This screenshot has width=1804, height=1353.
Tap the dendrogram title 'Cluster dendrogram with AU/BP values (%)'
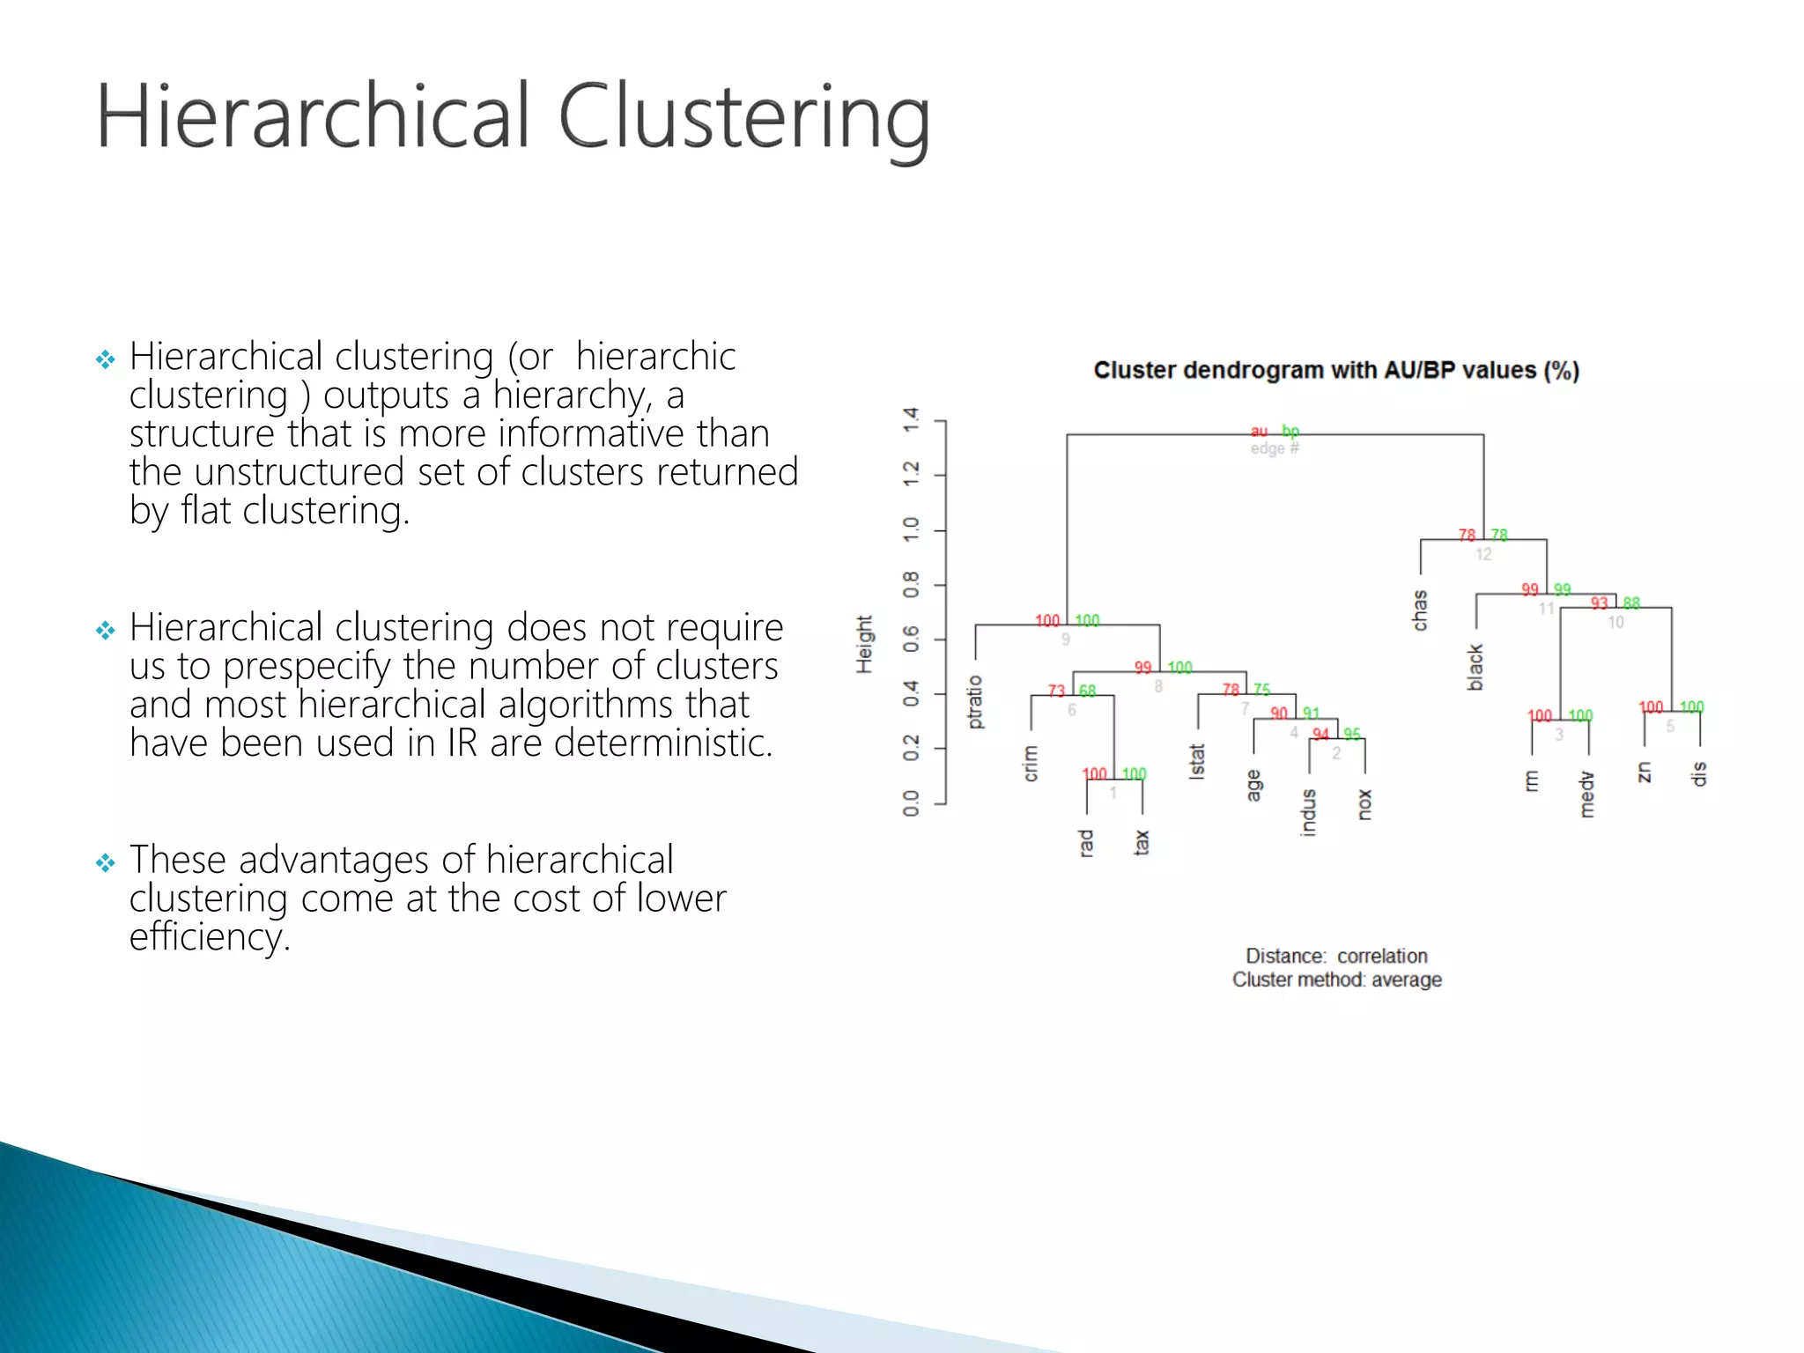(x=1336, y=371)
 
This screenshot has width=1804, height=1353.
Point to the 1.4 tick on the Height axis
(x=912, y=420)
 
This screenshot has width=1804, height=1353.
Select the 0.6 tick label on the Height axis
(x=912, y=639)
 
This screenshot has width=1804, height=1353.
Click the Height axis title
(x=865, y=644)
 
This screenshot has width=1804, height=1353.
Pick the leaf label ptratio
(x=974, y=702)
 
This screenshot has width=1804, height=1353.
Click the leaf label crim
(x=1031, y=764)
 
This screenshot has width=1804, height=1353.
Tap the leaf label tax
(x=1142, y=842)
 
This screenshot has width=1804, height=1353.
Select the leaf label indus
(x=1309, y=812)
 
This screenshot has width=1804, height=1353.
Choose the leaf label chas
(x=1420, y=610)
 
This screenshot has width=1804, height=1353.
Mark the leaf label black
(x=1476, y=667)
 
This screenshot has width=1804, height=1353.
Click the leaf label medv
(x=1587, y=795)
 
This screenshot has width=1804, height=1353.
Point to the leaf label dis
(x=1699, y=774)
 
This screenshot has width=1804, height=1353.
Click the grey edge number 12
(x=1483, y=554)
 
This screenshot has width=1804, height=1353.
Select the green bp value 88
(x=1631, y=603)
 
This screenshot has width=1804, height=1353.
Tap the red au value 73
(x=1056, y=691)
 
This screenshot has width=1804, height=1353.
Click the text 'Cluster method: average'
(x=1336, y=980)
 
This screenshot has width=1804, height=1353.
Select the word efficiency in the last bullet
(x=209, y=937)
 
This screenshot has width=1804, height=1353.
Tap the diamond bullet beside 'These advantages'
(x=106, y=862)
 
